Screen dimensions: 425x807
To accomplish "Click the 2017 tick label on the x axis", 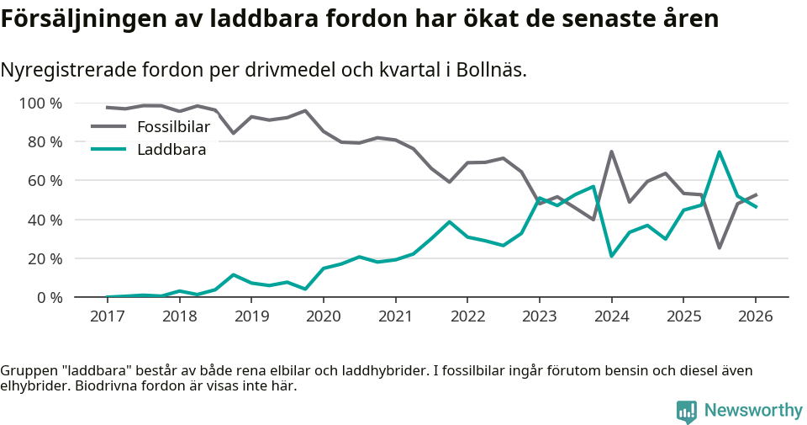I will point(107,316).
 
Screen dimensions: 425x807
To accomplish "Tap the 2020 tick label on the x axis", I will point(323,316).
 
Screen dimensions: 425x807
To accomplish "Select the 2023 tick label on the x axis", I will point(539,316).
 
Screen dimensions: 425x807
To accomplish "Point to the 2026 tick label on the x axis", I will point(755,316).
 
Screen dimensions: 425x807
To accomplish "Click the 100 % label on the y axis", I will point(40,104).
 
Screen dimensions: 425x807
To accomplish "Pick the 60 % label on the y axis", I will point(45,181).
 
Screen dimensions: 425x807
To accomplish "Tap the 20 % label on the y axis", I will point(45,258).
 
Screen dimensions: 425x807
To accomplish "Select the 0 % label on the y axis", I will point(49,297).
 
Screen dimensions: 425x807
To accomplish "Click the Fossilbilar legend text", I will point(173,127).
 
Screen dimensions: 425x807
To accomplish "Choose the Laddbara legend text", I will point(171,150).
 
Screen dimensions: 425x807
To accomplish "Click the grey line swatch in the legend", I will point(108,127).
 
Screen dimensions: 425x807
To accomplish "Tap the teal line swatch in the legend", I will point(108,150).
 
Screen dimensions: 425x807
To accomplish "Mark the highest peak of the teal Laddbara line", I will point(719,151).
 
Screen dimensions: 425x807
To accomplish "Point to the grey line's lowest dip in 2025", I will point(719,247).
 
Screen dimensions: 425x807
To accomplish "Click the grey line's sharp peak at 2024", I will point(611,151).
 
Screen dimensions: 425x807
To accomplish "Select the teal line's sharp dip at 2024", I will point(611,256).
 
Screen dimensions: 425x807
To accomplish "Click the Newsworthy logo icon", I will point(686,411).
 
